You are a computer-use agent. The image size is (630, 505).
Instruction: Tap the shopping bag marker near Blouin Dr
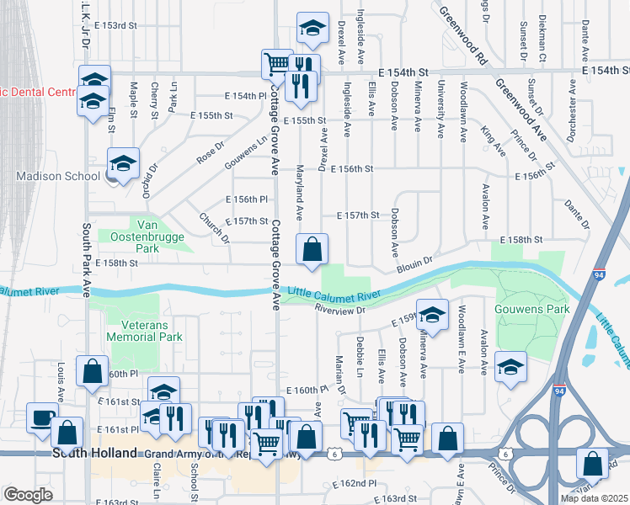[312, 249]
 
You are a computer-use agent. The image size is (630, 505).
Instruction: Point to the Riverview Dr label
[339, 310]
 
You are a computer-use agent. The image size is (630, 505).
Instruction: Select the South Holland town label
[95, 453]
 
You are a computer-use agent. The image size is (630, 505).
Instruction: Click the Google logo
[28, 494]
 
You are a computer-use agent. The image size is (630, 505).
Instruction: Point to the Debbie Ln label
[360, 356]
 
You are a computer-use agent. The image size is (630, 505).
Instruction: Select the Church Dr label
[215, 226]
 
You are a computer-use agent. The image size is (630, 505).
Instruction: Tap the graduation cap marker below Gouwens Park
[510, 366]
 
